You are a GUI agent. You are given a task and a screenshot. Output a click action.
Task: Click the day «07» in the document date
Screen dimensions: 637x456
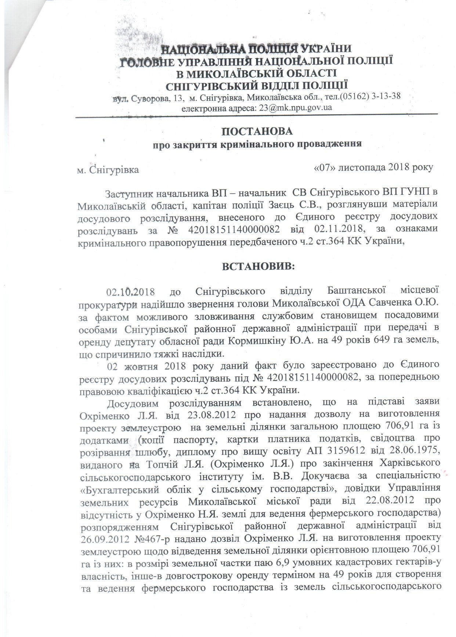tap(322, 167)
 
